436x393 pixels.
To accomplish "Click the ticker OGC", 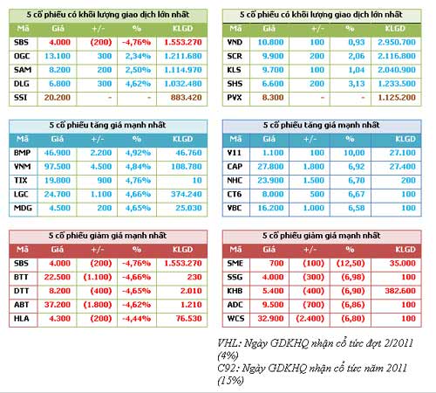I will tap(22, 55).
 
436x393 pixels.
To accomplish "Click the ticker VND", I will tap(235, 41).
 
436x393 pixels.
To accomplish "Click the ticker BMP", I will tap(22, 152).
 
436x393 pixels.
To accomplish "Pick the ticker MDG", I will tap(22, 208).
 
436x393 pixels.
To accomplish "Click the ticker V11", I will tap(234, 152).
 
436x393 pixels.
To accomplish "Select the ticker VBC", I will tap(234, 208).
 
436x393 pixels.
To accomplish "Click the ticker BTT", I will tap(22, 277).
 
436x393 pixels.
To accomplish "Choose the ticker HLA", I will tap(22, 319).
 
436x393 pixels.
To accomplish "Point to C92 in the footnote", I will tap(228, 369).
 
